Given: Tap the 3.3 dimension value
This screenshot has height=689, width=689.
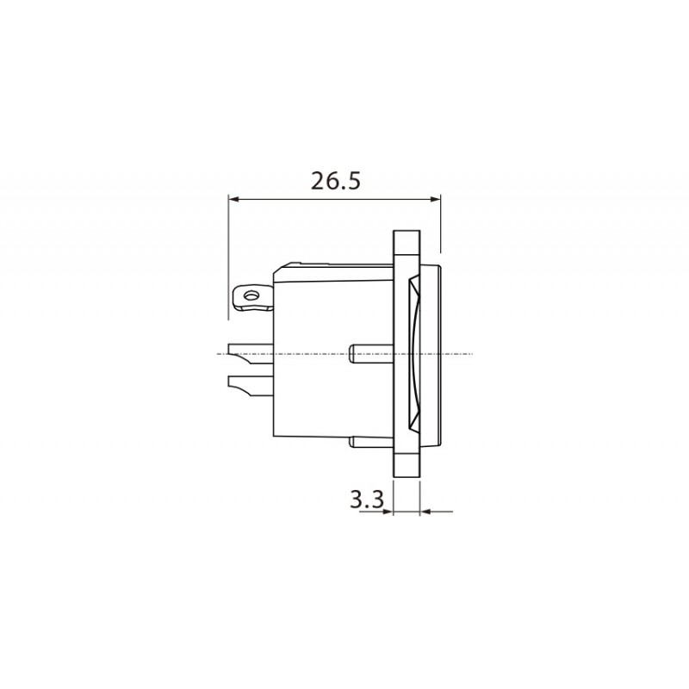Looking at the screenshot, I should click(x=366, y=499).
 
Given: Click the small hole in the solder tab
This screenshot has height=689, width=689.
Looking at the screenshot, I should click(x=251, y=296).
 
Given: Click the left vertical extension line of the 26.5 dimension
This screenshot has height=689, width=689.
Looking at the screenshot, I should click(x=228, y=250).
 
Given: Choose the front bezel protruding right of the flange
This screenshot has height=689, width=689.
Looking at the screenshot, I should click(x=431, y=353).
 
